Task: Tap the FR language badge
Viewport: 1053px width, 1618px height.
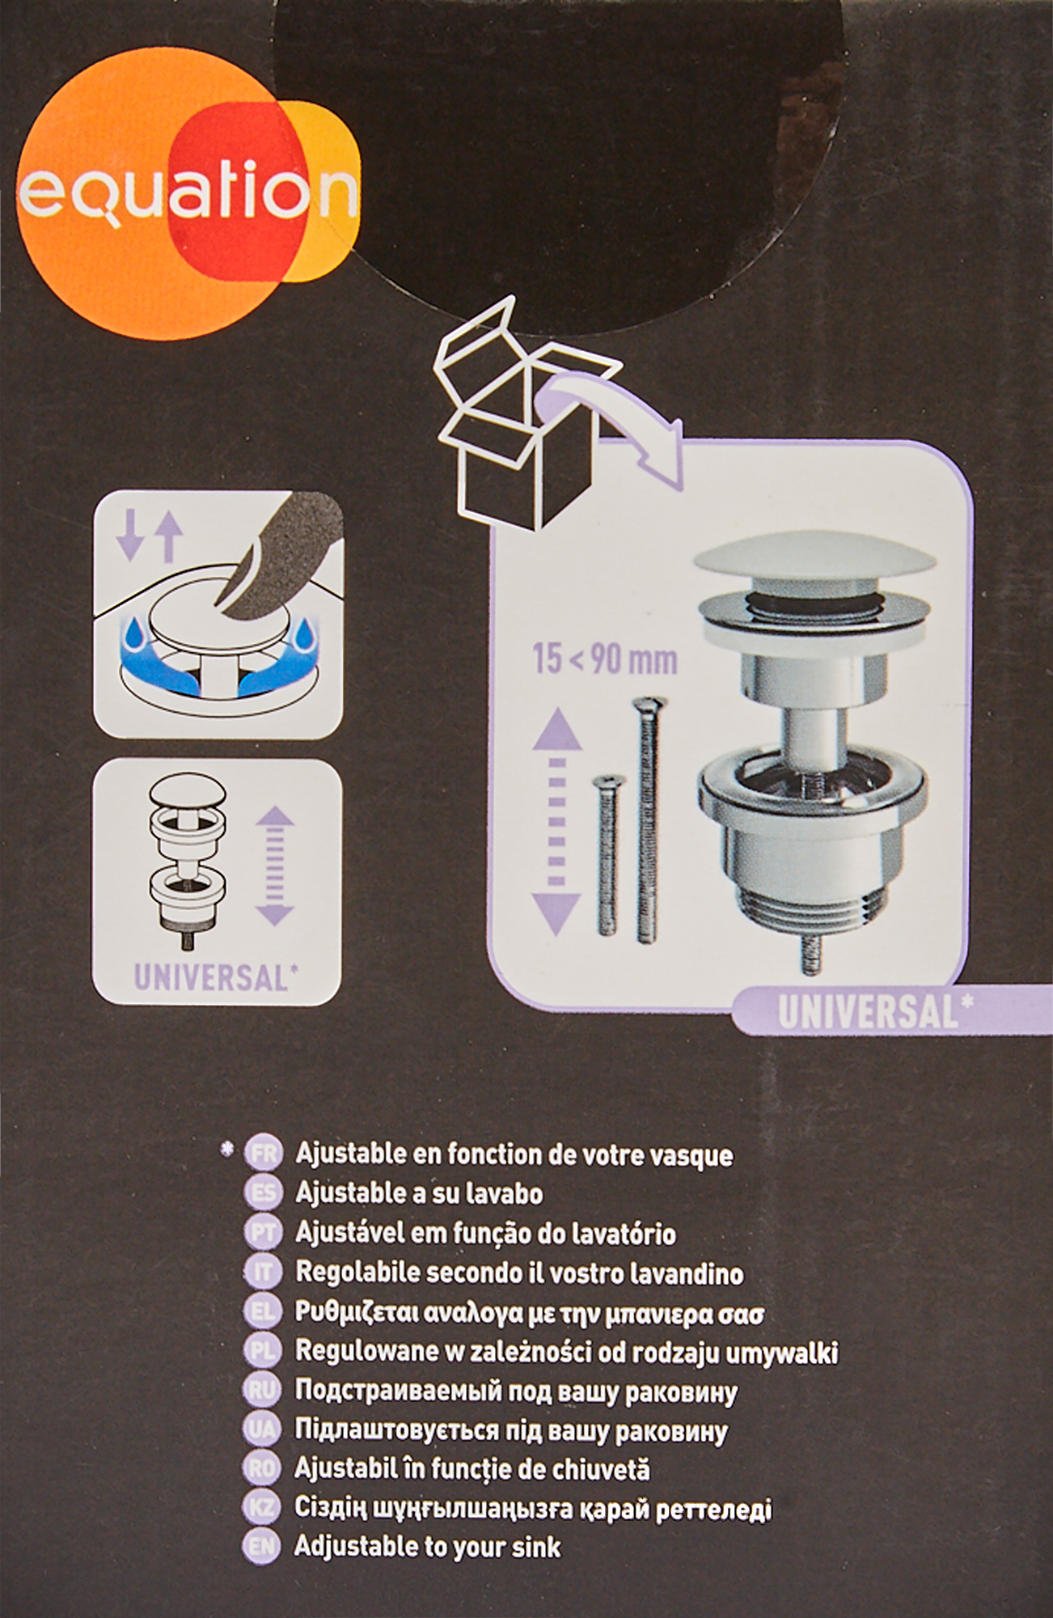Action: point(264,1153)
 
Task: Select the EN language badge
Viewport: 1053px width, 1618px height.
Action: point(261,1547)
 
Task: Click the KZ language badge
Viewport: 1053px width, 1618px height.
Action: point(261,1507)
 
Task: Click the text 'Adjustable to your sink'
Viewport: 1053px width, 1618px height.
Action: point(427,1547)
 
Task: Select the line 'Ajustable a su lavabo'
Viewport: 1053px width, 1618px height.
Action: point(419,1193)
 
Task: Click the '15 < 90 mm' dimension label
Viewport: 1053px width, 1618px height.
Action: point(604,659)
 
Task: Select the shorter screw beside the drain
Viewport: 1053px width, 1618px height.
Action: point(607,854)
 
